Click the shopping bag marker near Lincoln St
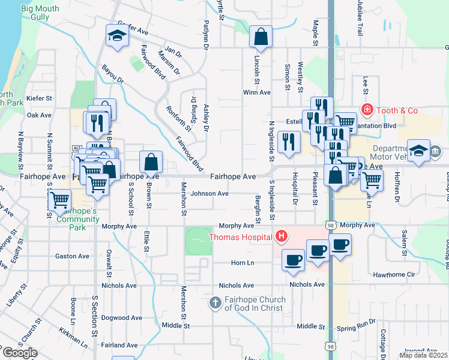click(260, 37)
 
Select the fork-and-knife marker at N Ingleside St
click(289, 142)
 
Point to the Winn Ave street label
click(257, 92)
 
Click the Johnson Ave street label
click(209, 194)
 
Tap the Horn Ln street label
click(243, 263)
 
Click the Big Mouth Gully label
click(43, 14)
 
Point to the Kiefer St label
click(40, 97)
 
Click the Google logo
click(20, 352)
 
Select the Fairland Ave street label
click(119, 345)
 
